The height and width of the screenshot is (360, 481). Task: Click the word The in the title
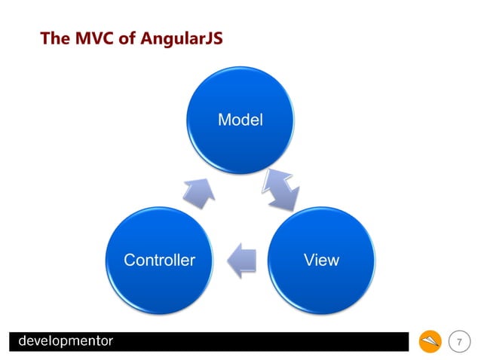55,37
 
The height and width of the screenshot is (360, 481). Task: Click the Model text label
240,119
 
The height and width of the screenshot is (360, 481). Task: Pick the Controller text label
159,261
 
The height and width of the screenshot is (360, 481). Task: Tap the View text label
321,261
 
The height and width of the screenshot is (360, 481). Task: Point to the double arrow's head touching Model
269,178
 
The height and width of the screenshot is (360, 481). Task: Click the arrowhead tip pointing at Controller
229,260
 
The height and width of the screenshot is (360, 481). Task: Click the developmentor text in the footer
66,341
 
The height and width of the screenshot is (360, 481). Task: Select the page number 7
459,343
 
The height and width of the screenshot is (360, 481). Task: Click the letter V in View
308,261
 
